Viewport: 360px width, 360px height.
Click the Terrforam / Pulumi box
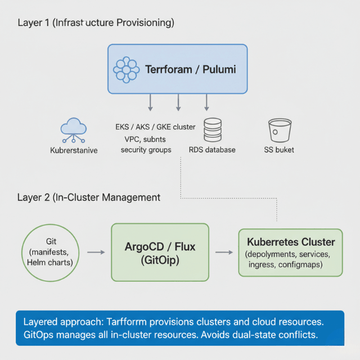178,69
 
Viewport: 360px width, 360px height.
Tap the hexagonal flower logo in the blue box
126,70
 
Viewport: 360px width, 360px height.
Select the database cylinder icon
213,130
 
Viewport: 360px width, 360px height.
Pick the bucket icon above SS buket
278,130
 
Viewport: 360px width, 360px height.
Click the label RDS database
213,150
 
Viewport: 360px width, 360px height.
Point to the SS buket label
279,150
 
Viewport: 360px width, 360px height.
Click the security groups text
146,150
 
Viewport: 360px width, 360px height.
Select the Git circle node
51,252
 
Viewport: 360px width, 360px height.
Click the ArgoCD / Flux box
160,252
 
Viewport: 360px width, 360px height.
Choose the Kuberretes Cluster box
290,252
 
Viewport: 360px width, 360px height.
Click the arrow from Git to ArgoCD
96,253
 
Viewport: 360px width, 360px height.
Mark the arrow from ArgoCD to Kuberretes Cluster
224,253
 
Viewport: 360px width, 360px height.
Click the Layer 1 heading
96,23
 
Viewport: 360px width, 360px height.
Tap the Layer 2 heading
89,197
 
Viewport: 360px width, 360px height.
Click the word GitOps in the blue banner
40,335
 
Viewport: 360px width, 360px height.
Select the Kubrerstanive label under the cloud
74,151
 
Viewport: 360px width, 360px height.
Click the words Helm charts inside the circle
50,263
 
